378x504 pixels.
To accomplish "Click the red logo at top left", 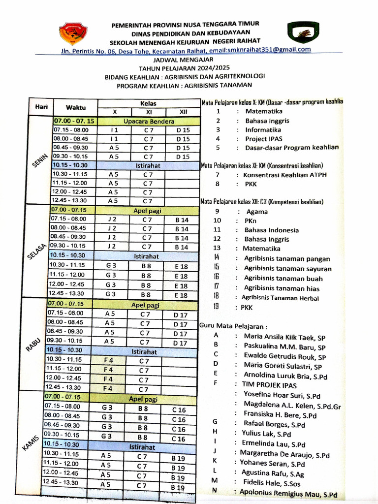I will click(x=72, y=34).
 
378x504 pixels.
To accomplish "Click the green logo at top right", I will click(x=300, y=33).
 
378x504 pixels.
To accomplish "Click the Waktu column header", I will click(x=76, y=107).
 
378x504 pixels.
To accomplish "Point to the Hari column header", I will click(x=40, y=107).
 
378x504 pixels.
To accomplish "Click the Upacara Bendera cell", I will click(x=149, y=121).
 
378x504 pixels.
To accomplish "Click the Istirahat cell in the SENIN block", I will click(x=148, y=166).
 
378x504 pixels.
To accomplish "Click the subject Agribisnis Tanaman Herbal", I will click(x=280, y=298).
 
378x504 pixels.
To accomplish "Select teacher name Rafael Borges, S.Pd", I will click(x=274, y=424).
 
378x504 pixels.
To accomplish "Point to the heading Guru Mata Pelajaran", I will click(x=234, y=326).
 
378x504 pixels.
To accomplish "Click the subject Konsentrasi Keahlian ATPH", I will click(x=285, y=175).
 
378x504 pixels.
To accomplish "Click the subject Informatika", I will click(x=263, y=130).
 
